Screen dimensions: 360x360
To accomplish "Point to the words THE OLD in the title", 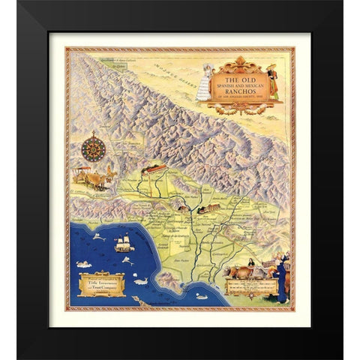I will click(x=247, y=76).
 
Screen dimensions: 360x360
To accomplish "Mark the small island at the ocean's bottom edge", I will click(x=136, y=298).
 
